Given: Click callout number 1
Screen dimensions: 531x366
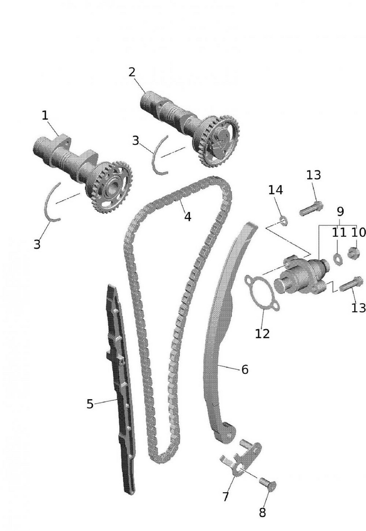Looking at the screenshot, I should point(45,115).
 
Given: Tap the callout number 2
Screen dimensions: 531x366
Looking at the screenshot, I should point(132,72).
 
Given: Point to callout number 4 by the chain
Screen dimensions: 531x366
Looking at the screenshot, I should point(187,217).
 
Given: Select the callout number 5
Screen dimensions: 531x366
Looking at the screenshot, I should point(90,404).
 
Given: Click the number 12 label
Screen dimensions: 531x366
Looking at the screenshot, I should point(262,333).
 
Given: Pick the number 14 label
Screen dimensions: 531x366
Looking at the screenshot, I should point(275,190).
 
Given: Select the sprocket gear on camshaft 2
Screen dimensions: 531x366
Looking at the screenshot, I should point(218,140).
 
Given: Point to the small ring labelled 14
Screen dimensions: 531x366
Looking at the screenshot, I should point(284,219).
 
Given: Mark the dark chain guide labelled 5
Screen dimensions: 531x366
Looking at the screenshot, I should point(121,388).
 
